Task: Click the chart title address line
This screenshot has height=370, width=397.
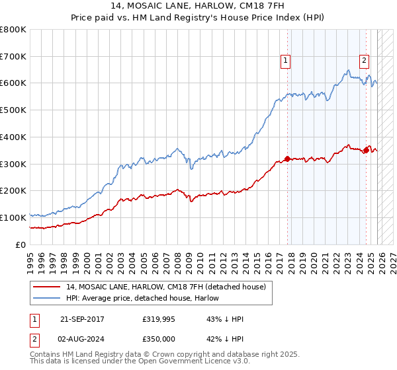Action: pos(198,7)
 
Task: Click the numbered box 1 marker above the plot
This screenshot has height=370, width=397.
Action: pos(286,61)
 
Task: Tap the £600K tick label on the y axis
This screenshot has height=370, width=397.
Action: pos(13,83)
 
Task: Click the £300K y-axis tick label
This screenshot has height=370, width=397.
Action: pos(13,164)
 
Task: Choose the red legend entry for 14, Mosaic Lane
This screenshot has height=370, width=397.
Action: pos(166,287)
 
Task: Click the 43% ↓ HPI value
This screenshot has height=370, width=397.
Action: pos(225,319)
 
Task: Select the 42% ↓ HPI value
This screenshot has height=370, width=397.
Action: pos(225,339)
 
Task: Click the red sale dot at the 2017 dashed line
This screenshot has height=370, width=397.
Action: pos(287,159)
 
